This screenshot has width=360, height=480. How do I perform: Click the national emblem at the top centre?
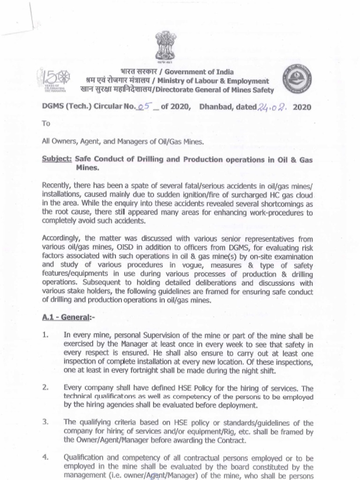click(x=165, y=45)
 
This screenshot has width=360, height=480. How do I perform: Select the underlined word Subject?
click(x=57, y=159)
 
